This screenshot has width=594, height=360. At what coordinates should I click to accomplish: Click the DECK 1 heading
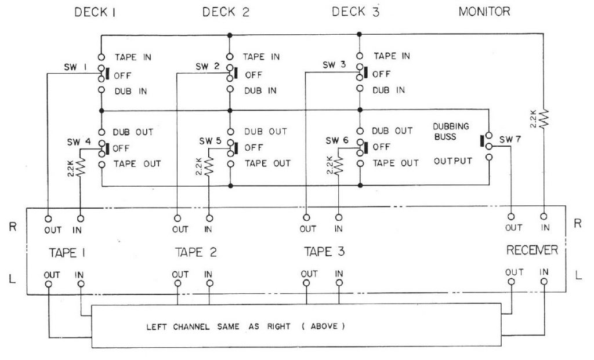click(96, 12)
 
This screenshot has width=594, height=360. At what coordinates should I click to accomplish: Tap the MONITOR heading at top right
click(484, 12)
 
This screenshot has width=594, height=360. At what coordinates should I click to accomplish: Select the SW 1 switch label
click(75, 67)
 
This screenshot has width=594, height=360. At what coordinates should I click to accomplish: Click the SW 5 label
click(209, 141)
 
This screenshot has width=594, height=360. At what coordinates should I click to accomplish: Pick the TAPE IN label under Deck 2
click(261, 57)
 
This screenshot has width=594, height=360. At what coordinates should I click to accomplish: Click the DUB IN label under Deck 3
click(388, 90)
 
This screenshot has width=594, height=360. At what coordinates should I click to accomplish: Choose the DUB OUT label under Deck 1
click(133, 132)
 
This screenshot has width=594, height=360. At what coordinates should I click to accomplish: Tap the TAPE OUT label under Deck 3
click(395, 163)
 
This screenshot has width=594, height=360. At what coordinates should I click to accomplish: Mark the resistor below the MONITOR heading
click(544, 118)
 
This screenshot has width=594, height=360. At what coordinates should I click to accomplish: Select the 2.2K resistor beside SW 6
click(338, 166)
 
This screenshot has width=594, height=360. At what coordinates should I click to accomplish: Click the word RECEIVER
click(532, 250)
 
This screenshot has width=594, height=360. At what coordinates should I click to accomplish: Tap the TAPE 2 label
click(196, 252)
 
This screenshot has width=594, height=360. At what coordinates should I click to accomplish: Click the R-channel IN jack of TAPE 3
click(338, 218)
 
